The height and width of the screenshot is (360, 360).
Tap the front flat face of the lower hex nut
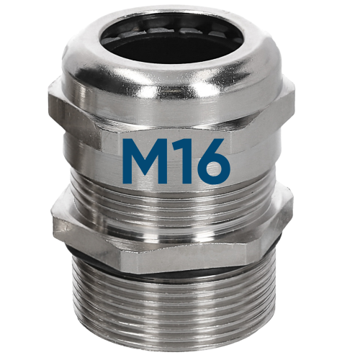pos(180,241)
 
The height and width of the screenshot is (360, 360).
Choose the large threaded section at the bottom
pos(180,302)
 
